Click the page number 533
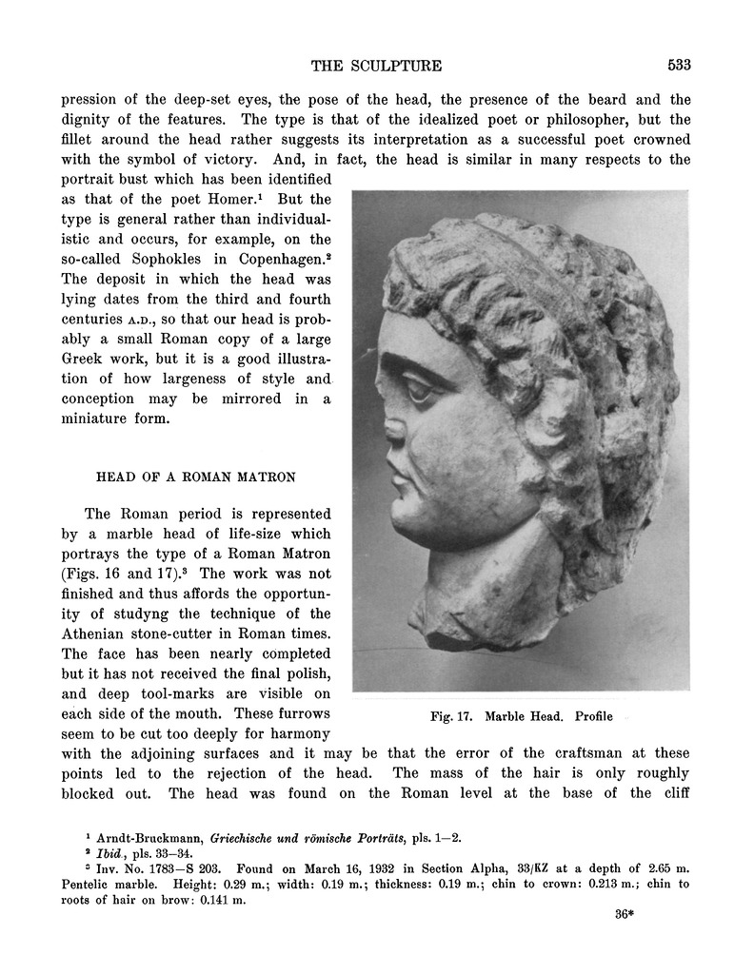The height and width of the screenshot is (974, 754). click(x=679, y=66)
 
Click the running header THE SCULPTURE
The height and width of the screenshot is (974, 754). click(x=376, y=66)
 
